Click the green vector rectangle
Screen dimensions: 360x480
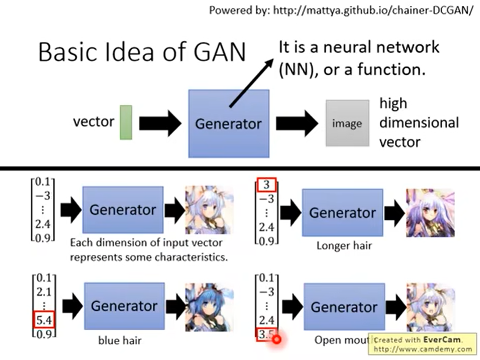click(126, 122)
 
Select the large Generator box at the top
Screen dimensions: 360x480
click(229, 124)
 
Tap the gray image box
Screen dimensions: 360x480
click(347, 123)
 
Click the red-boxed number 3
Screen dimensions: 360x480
click(266, 186)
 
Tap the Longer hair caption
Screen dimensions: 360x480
click(344, 246)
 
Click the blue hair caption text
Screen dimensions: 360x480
click(120, 340)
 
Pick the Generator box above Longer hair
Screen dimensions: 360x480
click(342, 213)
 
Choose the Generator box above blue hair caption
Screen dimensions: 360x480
click(124, 306)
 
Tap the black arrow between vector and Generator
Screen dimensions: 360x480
click(160, 123)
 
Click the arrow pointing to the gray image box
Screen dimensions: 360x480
click(297, 123)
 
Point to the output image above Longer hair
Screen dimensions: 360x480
click(430, 213)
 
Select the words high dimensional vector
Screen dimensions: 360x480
click(418, 122)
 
